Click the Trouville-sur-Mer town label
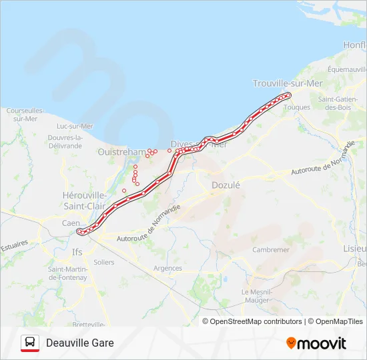coord(287,83)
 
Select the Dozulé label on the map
coord(226,185)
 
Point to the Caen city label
coord(71,223)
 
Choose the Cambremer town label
coord(271,250)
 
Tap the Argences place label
coord(167,268)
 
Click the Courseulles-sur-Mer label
coord(25,114)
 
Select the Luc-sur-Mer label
coord(75,126)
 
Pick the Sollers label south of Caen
coord(104,263)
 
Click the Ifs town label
coord(77,253)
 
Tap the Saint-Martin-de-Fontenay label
coord(67,273)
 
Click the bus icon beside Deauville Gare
coord(30,343)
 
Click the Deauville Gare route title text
coord(80,343)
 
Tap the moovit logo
coord(316,343)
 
